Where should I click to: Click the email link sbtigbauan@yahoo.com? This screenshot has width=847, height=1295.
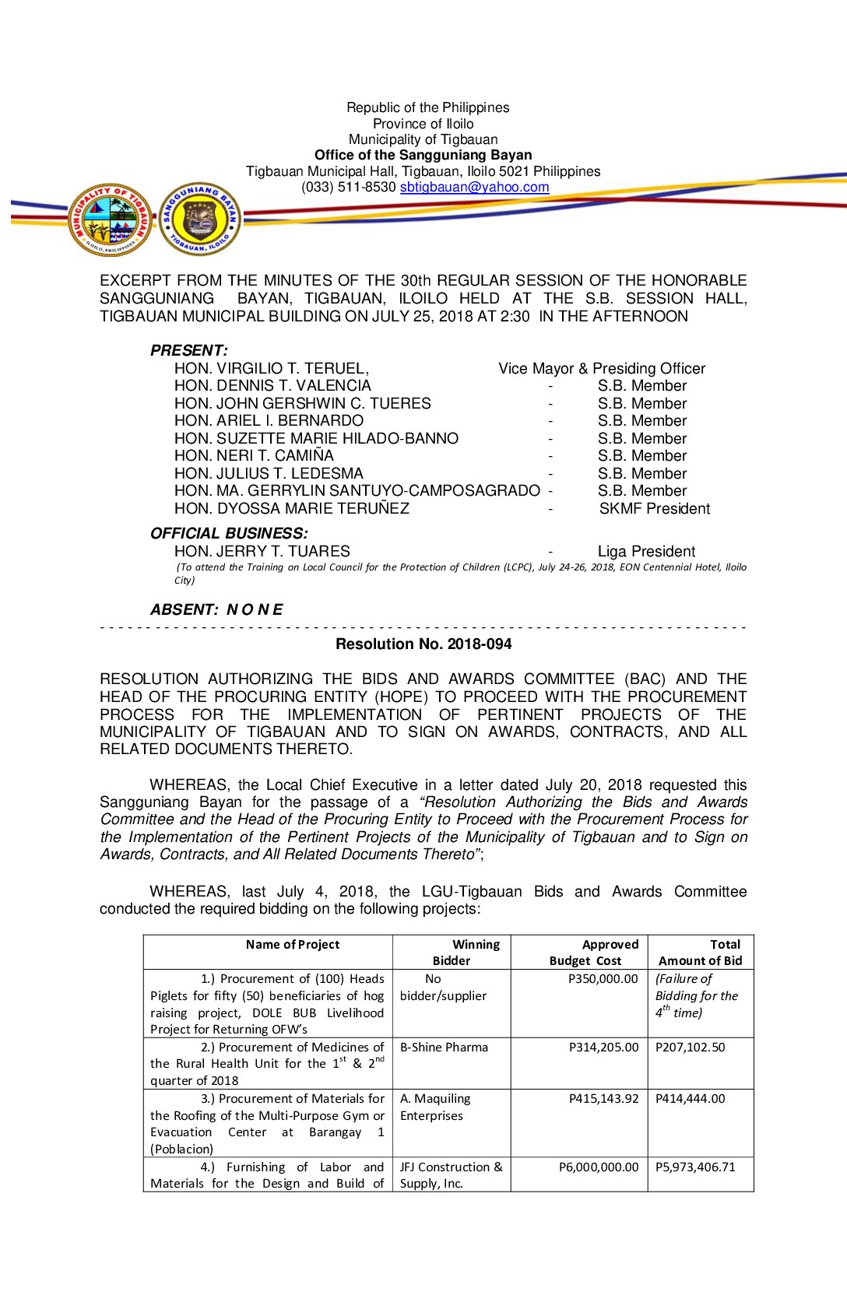(474, 188)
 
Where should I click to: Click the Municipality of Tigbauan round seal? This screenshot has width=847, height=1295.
(111, 220)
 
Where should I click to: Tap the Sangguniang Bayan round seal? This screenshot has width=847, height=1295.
(200, 219)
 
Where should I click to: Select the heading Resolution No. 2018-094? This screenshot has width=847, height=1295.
(423, 644)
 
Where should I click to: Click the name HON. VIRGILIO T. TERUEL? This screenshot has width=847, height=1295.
(272, 369)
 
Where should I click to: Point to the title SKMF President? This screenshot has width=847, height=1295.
(654, 509)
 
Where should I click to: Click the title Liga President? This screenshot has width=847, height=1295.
(646, 552)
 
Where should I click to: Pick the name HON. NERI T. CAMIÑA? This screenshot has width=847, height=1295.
(254, 456)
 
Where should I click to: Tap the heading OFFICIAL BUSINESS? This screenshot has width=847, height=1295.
(229, 534)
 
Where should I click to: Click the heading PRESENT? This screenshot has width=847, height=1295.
(189, 351)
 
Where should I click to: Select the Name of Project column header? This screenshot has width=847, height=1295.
(293, 945)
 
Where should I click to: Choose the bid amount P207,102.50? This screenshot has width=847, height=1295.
(690, 1048)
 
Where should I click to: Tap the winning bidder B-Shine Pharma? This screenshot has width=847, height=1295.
(444, 1048)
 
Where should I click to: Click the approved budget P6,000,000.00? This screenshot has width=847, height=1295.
(598, 1167)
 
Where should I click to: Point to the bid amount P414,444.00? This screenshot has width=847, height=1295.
(690, 1099)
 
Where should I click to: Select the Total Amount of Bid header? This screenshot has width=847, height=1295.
(701, 953)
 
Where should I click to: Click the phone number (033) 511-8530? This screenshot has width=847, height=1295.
(349, 188)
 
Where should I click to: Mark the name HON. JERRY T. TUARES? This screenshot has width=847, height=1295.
(262, 552)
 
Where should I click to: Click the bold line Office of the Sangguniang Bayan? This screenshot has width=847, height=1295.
(423, 156)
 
